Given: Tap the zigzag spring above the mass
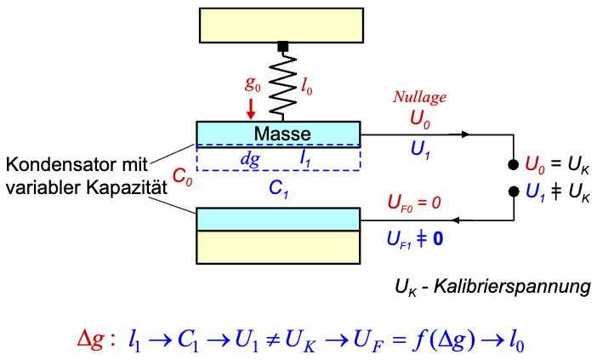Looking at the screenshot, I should (x=283, y=85).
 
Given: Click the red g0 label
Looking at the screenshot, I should (x=252, y=85).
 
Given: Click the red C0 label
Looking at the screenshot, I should (x=182, y=178).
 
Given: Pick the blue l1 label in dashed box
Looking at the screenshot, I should (x=305, y=158).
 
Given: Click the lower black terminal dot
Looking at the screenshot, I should (x=514, y=191).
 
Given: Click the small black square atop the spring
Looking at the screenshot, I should (x=283, y=45).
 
